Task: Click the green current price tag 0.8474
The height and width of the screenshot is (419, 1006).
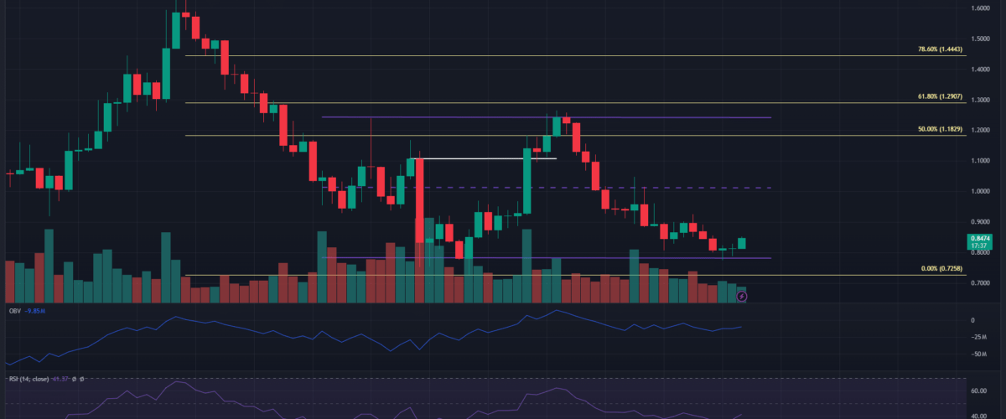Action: click(x=979, y=239)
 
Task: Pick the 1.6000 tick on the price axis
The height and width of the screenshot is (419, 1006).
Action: click(x=979, y=8)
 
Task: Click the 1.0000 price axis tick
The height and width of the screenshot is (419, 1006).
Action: click(x=979, y=191)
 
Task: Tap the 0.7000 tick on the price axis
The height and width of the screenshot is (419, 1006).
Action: click(x=979, y=284)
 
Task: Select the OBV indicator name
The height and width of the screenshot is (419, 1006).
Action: click(x=14, y=311)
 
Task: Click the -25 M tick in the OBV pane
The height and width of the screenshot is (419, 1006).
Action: click(x=977, y=337)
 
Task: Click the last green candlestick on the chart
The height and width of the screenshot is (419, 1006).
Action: click(x=741, y=243)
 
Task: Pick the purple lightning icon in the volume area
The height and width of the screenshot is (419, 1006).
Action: click(x=741, y=296)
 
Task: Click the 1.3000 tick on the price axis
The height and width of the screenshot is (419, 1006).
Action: click(x=979, y=100)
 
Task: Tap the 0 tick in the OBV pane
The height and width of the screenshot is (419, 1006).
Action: click(x=973, y=320)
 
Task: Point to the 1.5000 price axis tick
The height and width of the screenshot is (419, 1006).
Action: click(x=979, y=39)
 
